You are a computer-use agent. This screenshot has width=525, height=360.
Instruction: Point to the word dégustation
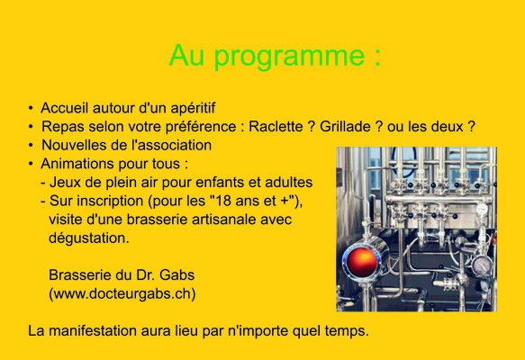pos(89,238)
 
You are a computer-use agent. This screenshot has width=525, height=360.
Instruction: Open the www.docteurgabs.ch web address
pos(122,293)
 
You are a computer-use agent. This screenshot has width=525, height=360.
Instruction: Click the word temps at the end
pos(348,331)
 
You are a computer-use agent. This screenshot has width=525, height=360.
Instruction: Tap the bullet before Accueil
pos(31,108)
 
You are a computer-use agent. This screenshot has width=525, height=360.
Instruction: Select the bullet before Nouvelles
pos(31,145)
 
